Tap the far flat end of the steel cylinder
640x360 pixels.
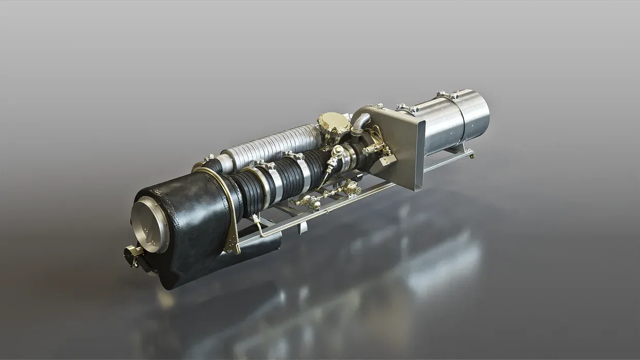(477, 116)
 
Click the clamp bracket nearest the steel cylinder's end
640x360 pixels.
(447, 95)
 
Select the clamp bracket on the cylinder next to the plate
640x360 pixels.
(406, 108)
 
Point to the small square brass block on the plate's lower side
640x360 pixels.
(387, 161)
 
